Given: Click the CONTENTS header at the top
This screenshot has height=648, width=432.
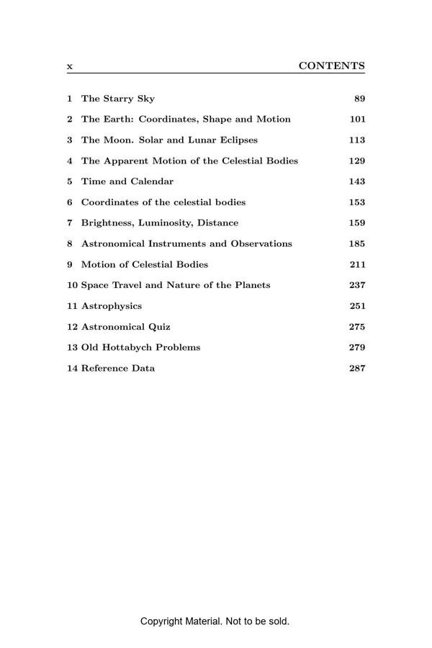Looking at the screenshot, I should [331, 66].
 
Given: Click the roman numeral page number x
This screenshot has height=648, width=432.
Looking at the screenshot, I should [70, 66].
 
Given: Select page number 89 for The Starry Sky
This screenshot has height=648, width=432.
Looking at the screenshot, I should [359, 99].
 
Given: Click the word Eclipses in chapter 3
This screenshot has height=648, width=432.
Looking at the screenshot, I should [237, 140].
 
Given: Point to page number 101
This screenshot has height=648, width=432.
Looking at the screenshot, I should [357, 120].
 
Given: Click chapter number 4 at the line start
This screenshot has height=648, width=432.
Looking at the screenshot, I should [70, 161].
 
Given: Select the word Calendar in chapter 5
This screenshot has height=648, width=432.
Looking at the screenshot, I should [152, 181].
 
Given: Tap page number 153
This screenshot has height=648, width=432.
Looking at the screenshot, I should [357, 202].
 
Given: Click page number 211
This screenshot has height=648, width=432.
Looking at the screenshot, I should [357, 264].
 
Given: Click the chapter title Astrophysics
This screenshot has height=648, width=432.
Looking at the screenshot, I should [112, 306].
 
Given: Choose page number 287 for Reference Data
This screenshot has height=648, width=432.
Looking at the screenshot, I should [357, 368].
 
